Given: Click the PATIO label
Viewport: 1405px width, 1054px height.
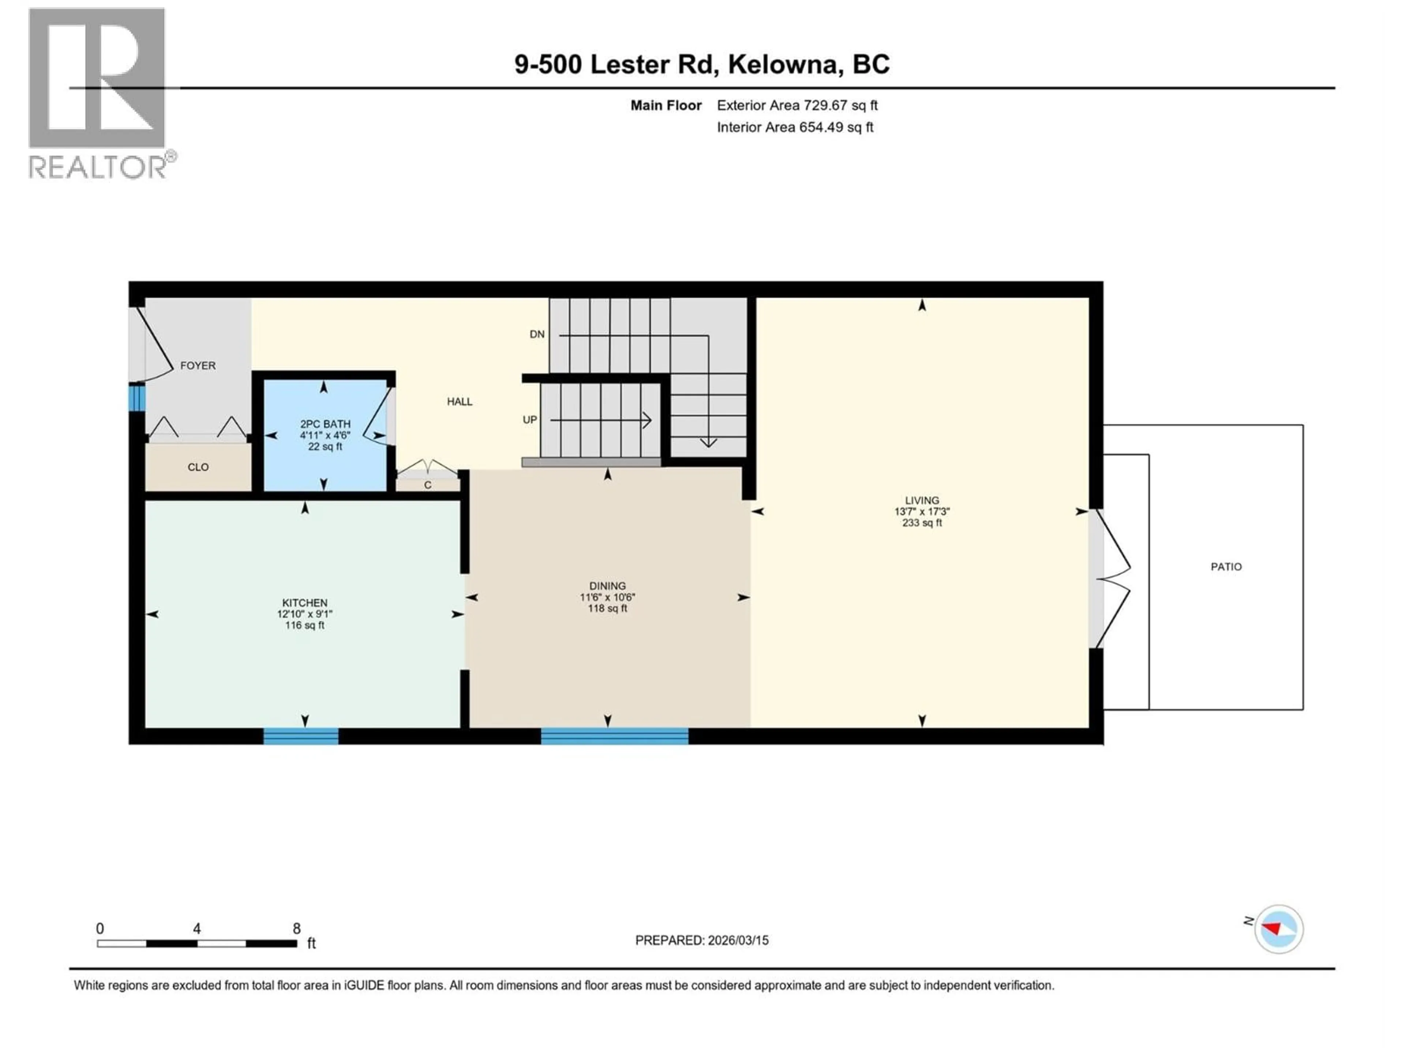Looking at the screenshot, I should pyautogui.click(x=1225, y=567).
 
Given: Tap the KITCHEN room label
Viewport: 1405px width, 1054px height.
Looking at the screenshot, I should pyautogui.click(x=305, y=603).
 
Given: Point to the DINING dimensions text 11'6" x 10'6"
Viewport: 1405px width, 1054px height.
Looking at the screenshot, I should pyautogui.click(x=607, y=597).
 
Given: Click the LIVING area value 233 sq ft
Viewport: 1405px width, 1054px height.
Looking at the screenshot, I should pyautogui.click(x=922, y=523).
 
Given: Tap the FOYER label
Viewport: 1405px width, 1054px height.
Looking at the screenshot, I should pyautogui.click(x=198, y=365).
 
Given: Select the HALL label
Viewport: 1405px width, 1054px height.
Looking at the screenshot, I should pyautogui.click(x=459, y=401).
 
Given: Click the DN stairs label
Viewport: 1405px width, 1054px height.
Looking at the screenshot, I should pyautogui.click(x=537, y=334).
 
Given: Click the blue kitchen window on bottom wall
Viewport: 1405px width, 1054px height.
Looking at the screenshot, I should pyautogui.click(x=301, y=736).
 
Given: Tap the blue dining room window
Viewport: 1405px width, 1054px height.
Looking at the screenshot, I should pyautogui.click(x=614, y=736).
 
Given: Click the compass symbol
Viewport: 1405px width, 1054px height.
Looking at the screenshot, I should pyautogui.click(x=1278, y=929).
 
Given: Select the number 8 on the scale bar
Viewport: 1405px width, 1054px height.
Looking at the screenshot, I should pyautogui.click(x=297, y=928).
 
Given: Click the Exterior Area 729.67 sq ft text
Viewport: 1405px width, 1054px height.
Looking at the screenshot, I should pyautogui.click(x=797, y=105).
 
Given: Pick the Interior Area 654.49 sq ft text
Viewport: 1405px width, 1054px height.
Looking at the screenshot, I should pyautogui.click(x=795, y=127).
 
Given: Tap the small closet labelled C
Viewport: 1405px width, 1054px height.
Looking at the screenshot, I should pyautogui.click(x=427, y=485).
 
